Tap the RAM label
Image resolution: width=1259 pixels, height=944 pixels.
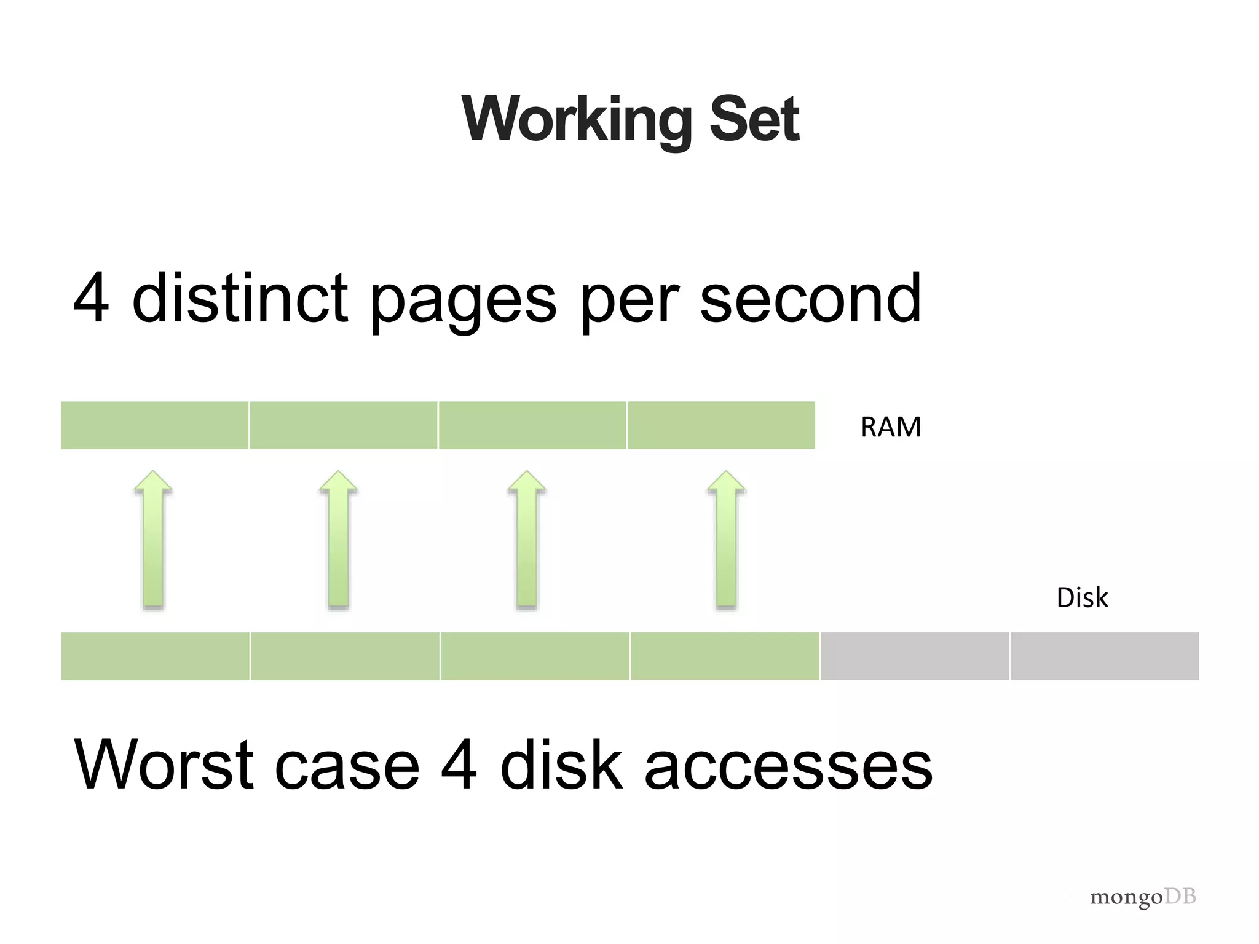891,427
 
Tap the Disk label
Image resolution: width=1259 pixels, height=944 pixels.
1082,597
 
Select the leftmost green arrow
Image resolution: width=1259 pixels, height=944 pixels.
153,541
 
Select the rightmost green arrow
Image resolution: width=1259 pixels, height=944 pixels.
726,541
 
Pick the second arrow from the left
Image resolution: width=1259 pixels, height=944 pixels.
338,541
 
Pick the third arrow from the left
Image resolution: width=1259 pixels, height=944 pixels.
527,541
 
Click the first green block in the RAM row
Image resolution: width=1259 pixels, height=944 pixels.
155,425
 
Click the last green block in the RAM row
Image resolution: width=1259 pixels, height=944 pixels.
721,425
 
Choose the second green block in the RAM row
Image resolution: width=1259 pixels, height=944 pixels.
344,425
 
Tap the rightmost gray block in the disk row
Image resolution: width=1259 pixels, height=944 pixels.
1105,656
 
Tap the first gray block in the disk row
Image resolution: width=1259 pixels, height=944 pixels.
915,656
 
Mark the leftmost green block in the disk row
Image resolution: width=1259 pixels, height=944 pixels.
156,656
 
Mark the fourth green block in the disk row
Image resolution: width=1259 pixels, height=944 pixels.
725,656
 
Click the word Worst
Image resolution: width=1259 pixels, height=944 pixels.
164,765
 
